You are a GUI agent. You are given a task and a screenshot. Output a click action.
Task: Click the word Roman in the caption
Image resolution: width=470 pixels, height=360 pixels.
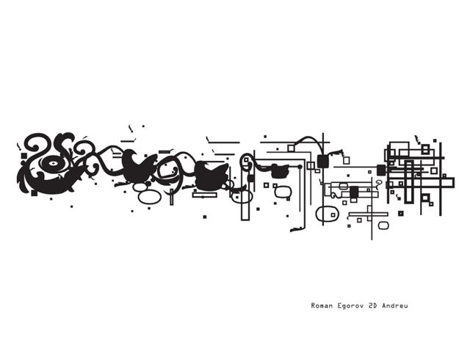pyautogui.click(x=322, y=306)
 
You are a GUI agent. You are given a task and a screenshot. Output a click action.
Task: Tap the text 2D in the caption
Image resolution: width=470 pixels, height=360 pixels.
pyautogui.click(x=372, y=306)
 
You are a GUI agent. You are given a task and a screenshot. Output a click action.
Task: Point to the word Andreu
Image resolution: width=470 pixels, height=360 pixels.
pyautogui.click(x=395, y=306)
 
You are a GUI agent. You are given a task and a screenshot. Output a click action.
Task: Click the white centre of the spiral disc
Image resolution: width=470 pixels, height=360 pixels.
pyautogui.click(x=53, y=164)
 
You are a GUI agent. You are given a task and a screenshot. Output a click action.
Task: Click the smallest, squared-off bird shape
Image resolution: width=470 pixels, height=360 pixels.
pyautogui.click(x=279, y=170)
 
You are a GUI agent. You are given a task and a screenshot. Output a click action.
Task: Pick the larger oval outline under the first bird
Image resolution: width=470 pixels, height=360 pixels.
pyautogui.click(x=150, y=197)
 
